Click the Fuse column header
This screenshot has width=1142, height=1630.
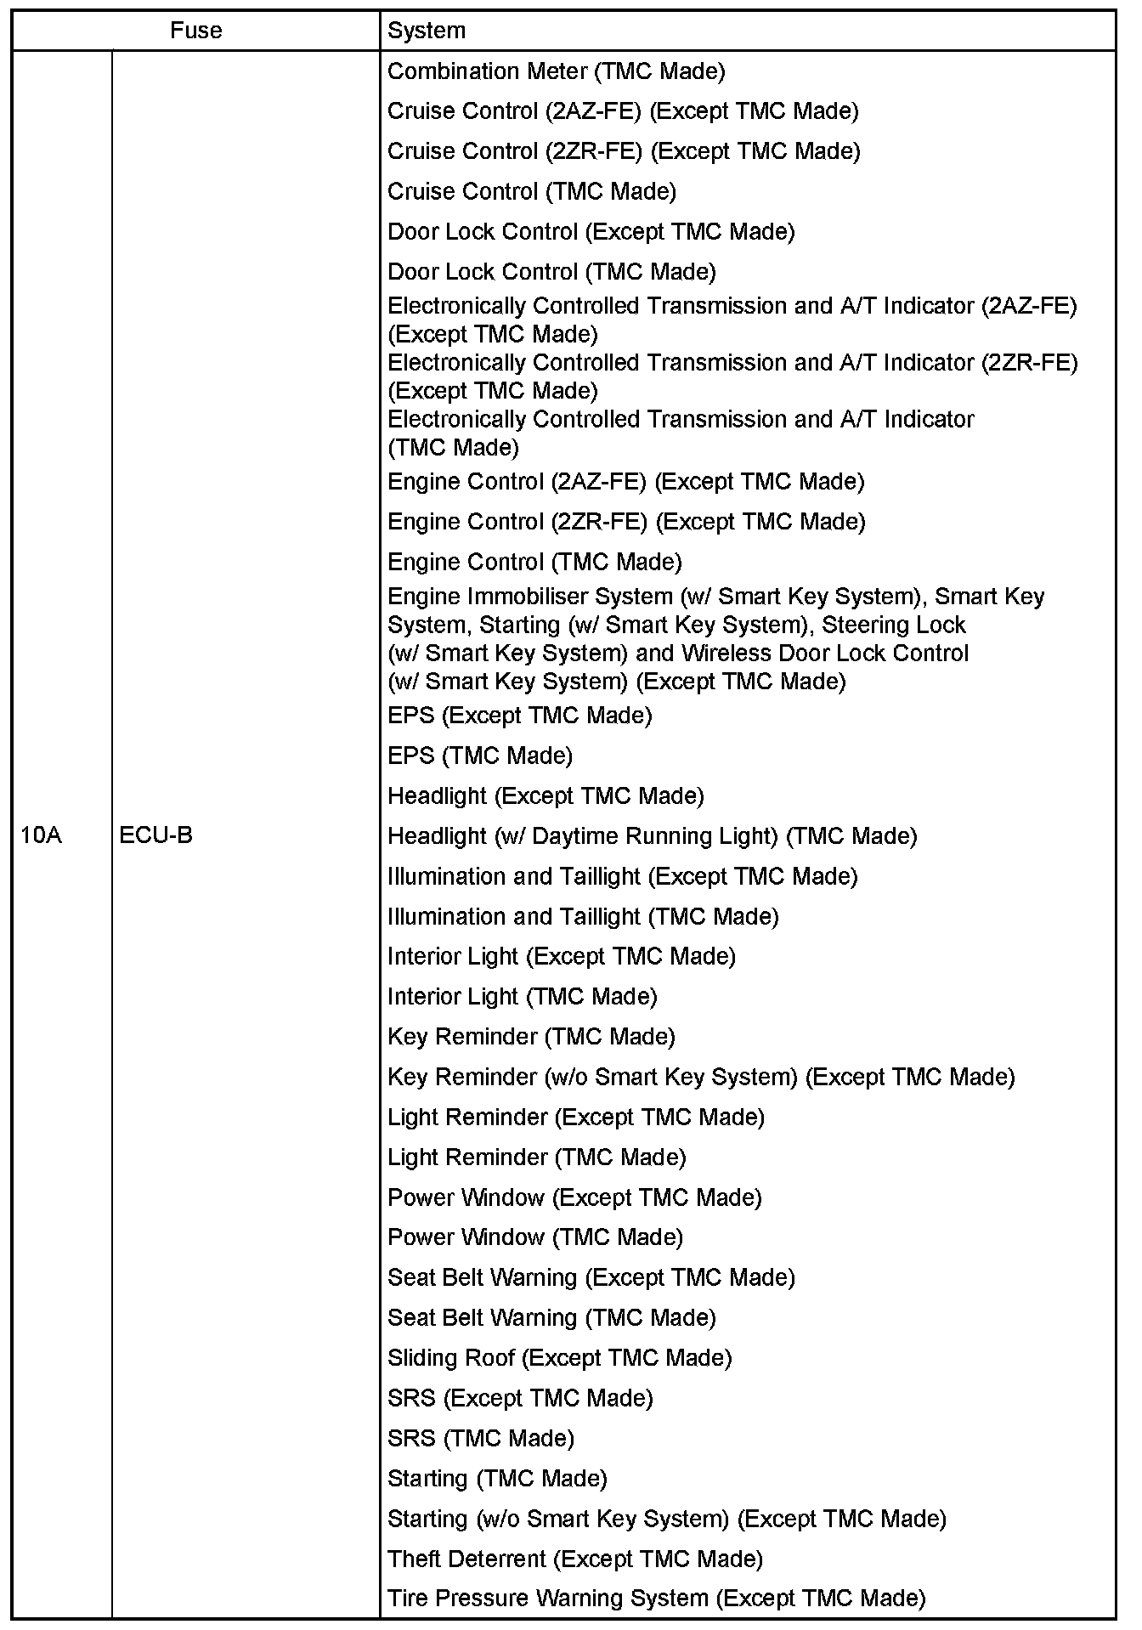(x=195, y=31)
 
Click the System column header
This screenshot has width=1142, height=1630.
(x=427, y=31)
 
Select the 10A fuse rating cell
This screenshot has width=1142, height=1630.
(x=42, y=835)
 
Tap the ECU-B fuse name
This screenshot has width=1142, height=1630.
(x=155, y=835)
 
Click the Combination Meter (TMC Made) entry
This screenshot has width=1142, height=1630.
(x=556, y=71)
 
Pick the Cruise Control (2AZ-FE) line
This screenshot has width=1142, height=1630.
(x=622, y=111)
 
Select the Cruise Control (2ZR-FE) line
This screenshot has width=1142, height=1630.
(x=623, y=151)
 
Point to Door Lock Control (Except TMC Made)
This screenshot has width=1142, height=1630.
(x=591, y=231)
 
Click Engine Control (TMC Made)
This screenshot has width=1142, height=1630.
(x=534, y=562)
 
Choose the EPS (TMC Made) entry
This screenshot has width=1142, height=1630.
(x=479, y=756)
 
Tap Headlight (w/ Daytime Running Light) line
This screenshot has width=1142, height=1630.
(x=652, y=836)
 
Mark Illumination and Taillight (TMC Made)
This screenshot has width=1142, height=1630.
(x=583, y=916)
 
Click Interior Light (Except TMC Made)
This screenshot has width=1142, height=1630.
(x=561, y=956)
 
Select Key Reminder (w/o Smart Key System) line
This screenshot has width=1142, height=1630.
(x=701, y=1077)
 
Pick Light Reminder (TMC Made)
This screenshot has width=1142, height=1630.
(x=536, y=1157)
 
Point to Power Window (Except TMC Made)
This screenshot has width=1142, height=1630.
(x=574, y=1197)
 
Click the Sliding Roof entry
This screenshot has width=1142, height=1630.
(x=559, y=1357)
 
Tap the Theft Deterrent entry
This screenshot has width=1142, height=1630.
(x=574, y=1559)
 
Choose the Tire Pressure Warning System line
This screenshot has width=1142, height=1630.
(x=656, y=1599)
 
